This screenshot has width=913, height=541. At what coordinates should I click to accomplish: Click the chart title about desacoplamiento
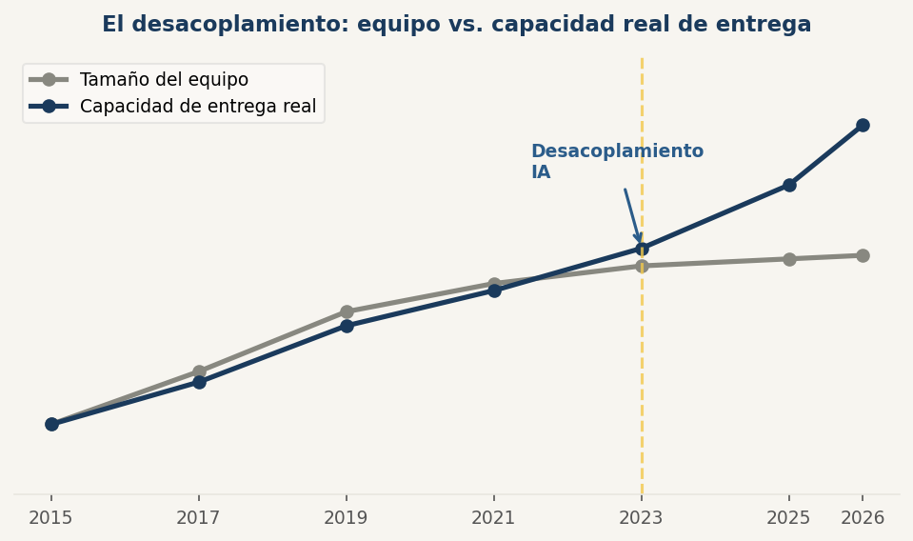(x=456, y=25)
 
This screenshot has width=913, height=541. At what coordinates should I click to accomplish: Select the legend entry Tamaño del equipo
(x=164, y=80)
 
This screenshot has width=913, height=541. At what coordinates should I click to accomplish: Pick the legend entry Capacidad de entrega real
(x=197, y=107)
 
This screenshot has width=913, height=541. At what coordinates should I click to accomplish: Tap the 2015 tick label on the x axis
(x=51, y=518)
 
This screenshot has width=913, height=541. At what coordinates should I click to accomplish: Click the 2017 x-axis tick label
(x=199, y=518)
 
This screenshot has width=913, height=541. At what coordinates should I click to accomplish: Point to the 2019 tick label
(x=347, y=518)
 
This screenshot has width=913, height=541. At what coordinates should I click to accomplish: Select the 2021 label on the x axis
(x=494, y=518)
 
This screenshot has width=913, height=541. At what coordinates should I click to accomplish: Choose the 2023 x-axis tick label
(x=642, y=518)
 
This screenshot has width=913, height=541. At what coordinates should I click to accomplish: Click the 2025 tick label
(x=789, y=518)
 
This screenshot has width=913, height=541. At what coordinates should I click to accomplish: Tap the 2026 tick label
(x=863, y=518)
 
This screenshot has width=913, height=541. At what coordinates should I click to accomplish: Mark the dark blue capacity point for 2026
(x=863, y=125)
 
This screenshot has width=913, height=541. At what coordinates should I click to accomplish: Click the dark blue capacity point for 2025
(x=789, y=185)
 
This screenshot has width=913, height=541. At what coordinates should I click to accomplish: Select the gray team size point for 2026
(x=863, y=255)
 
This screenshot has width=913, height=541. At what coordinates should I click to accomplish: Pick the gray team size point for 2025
(x=789, y=259)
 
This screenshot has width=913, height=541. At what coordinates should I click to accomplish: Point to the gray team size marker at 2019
(x=347, y=311)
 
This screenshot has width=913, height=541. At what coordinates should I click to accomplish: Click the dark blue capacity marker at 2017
(x=199, y=382)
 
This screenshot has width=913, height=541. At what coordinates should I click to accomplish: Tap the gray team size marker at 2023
(x=642, y=266)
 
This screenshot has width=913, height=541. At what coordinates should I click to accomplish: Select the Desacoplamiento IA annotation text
(x=617, y=162)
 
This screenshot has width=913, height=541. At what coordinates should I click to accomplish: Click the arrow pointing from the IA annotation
(x=631, y=215)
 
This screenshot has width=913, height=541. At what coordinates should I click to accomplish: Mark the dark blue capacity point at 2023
(x=642, y=249)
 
